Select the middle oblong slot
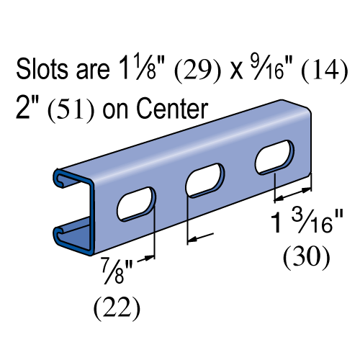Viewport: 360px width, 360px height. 205,180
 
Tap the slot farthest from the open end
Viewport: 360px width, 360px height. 274,157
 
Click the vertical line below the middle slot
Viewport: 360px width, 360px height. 188,208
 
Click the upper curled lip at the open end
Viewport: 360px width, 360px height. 60,176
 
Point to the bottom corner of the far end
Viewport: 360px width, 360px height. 307,174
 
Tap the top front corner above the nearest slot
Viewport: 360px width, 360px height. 92,181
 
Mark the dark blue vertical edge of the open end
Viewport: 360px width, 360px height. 91,216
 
